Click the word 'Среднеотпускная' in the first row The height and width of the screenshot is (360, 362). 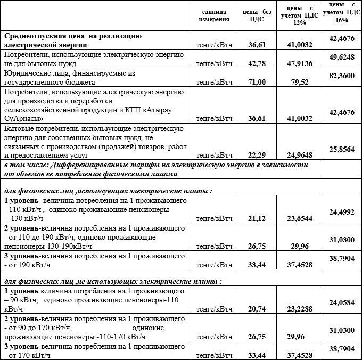[x=34, y=36]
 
